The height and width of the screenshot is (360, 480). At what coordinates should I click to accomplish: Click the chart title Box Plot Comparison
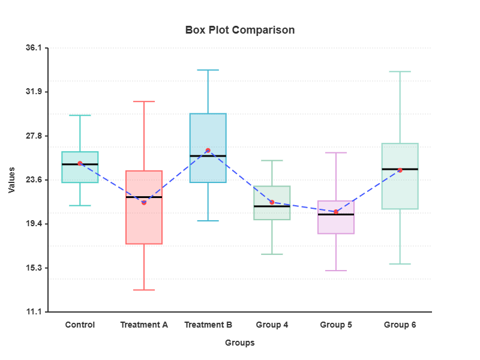[240, 30]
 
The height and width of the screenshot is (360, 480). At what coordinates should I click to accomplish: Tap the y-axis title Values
[12, 180]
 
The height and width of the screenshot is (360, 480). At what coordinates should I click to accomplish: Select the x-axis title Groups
[240, 343]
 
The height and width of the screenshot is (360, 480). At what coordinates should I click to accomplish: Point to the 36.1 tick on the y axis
[34, 48]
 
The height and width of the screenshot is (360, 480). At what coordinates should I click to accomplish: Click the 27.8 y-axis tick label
[34, 136]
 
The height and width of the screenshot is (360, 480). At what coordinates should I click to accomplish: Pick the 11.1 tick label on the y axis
[34, 312]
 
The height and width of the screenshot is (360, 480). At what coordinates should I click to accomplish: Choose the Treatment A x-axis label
[144, 325]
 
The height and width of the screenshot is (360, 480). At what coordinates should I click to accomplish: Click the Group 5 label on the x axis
[336, 325]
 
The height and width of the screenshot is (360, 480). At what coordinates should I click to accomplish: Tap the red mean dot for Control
[80, 163]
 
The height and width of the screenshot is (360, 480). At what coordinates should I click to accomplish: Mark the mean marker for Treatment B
[208, 151]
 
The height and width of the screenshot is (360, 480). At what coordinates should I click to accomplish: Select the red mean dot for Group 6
[400, 170]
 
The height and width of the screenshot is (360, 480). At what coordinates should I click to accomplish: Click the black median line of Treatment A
[144, 197]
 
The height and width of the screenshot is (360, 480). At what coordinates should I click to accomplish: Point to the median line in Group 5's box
[336, 214]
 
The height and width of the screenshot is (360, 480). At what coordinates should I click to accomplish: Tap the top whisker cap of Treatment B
[208, 70]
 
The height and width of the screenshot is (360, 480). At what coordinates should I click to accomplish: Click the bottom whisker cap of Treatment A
[144, 290]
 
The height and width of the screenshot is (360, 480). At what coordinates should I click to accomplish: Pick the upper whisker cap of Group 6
[400, 71]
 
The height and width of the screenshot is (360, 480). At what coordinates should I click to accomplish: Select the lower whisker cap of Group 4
[272, 254]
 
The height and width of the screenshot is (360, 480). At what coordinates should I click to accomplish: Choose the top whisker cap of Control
[80, 115]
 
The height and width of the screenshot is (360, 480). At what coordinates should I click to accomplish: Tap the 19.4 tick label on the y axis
[34, 224]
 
